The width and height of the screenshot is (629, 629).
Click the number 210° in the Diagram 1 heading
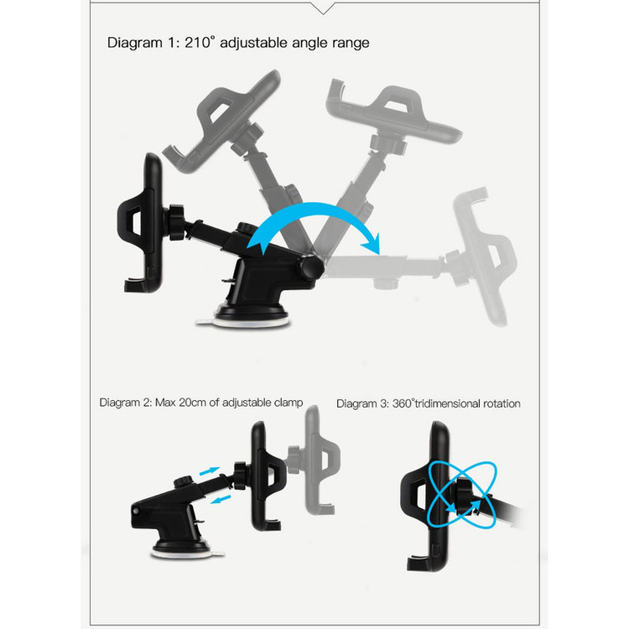pyautogui.click(x=200, y=42)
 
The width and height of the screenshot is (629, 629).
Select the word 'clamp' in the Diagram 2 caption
pyautogui.click(x=289, y=403)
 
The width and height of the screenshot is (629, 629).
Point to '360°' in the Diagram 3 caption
pyautogui.click(x=403, y=403)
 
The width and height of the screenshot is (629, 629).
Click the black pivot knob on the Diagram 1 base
pyautogui.click(x=310, y=267)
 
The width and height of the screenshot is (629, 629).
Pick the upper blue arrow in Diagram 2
pyautogui.click(x=210, y=471)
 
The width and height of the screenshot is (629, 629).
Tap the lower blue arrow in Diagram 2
pyautogui.click(x=221, y=500)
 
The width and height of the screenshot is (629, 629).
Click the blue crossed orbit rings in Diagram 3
pyautogui.click(x=461, y=495)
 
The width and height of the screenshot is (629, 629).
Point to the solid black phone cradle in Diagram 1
pyautogui.click(x=141, y=223)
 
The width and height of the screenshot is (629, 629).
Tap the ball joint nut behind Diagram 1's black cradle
pyautogui.click(x=176, y=222)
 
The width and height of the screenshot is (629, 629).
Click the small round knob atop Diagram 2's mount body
pyautogui.click(x=184, y=481)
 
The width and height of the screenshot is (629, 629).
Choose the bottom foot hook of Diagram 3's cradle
pyautogui.click(x=420, y=563)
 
